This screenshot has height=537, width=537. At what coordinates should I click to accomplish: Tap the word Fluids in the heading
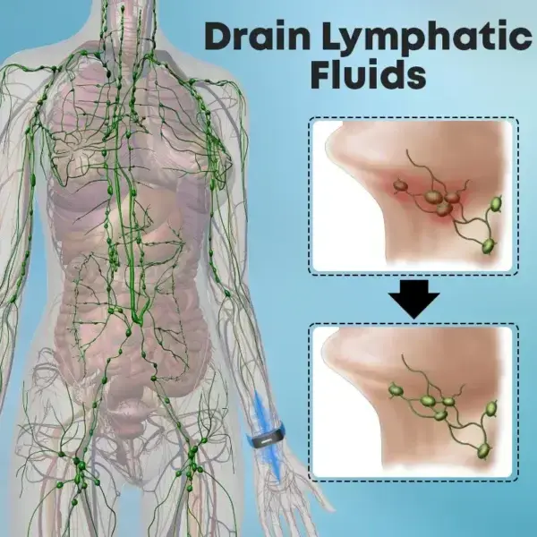[368, 73]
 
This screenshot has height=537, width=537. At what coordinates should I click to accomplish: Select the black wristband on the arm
[266, 436]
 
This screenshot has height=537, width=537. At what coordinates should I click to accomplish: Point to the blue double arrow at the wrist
[268, 436]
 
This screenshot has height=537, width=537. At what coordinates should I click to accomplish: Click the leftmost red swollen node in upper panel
[400, 186]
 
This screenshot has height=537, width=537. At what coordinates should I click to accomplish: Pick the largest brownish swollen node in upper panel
[434, 197]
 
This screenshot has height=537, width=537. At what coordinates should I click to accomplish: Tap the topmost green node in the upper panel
[496, 204]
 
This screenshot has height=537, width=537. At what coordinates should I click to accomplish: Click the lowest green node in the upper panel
[489, 245]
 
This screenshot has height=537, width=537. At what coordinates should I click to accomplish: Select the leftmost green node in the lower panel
[396, 390]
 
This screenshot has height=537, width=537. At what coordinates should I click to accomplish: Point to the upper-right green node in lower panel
[491, 408]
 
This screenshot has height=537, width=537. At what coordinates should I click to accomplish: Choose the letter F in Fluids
[321, 73]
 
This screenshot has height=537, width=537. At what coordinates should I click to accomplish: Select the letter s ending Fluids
[416, 77]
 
